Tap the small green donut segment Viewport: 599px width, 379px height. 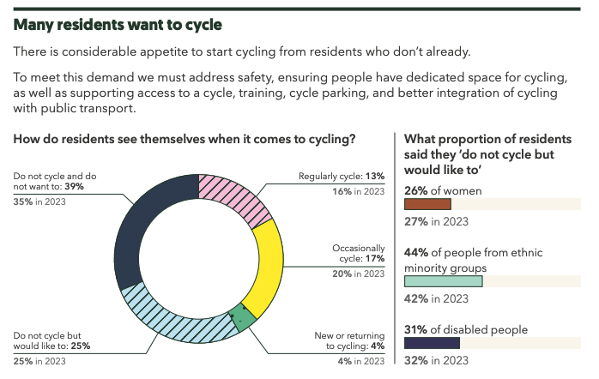tap(243, 316)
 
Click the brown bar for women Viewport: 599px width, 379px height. tap(427, 204)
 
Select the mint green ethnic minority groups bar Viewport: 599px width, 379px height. tap(443, 280)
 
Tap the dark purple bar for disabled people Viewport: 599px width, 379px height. tap(432, 343)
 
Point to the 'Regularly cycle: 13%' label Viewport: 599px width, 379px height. tap(342, 177)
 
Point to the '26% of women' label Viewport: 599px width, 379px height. tap(443, 189)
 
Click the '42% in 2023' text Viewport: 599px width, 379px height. tap(436, 298)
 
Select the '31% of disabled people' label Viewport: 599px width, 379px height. tap(466, 328)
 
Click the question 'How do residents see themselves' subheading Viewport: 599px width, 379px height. tap(185, 138)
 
